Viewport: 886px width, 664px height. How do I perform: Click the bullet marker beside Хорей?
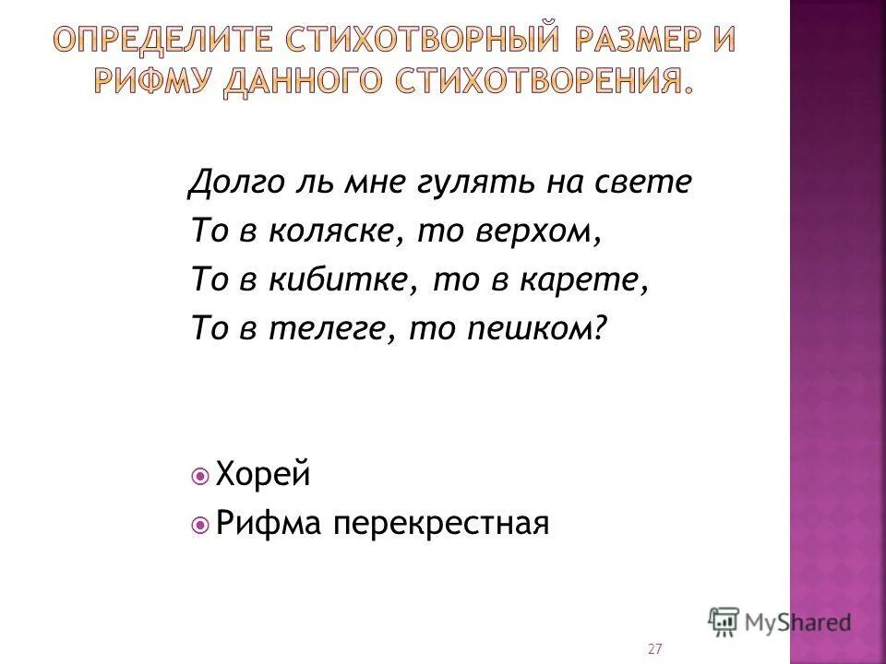click(x=201, y=477)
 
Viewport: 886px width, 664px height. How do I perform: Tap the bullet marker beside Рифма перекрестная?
click(x=201, y=525)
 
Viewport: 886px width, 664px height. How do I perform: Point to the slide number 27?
click(x=655, y=649)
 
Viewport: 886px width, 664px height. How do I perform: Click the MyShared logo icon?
click(x=724, y=622)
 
